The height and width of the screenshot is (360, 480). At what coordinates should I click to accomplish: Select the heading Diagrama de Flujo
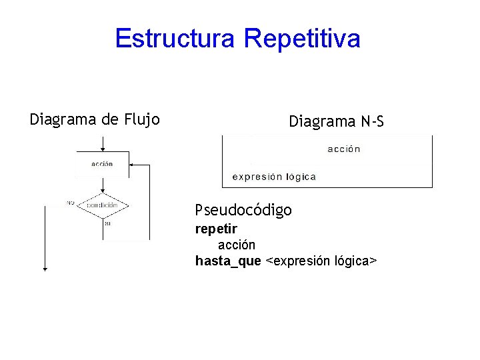coord(95,120)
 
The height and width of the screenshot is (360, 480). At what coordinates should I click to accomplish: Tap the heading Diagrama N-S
coord(336,121)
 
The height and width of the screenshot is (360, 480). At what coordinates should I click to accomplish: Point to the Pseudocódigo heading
coord(243,211)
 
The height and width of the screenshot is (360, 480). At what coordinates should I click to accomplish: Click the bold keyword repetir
coord(216,229)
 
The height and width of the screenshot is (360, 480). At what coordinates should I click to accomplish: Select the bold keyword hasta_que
coord(228,261)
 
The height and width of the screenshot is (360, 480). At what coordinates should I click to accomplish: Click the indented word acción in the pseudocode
coord(237,245)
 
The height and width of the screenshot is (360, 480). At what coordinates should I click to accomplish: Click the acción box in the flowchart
coord(102,164)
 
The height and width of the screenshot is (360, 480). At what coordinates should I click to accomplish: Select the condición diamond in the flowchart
coord(102,205)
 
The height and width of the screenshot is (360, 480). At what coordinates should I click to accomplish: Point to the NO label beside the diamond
coord(70,203)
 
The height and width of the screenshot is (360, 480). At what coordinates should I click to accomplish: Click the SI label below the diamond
coord(107,223)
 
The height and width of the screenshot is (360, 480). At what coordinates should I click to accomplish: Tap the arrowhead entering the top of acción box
coord(102,149)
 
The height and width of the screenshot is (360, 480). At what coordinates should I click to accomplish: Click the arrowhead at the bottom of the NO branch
coord(45,268)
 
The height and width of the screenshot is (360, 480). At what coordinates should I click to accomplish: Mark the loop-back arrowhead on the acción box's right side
coord(131,163)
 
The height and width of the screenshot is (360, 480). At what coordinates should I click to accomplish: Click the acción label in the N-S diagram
coord(344,149)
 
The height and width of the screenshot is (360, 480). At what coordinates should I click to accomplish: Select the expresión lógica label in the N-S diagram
coord(274,177)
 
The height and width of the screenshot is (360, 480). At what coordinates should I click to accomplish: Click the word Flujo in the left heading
coord(141,120)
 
